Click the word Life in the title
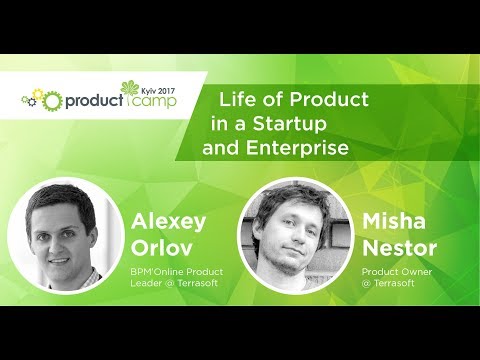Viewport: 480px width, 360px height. pos(239,100)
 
